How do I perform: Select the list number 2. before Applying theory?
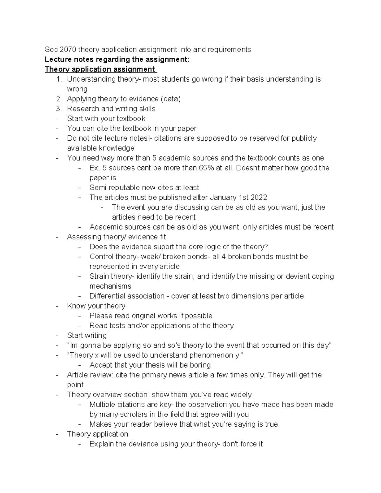coord(58,99)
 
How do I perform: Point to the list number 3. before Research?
coord(58,109)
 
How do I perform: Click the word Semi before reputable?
coord(97,188)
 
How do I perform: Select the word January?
coord(222,197)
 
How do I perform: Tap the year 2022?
coord(259,197)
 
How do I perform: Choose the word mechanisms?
coord(110,286)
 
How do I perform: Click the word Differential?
coord(109,296)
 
